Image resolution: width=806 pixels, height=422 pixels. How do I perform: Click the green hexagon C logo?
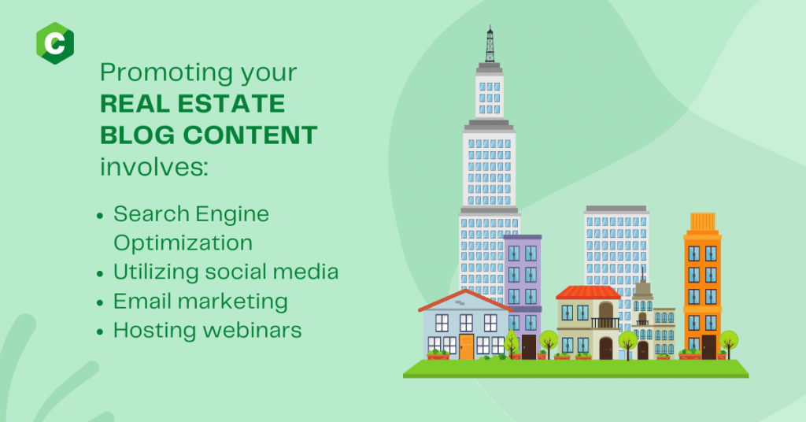(55, 43)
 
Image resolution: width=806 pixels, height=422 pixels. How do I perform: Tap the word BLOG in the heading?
(137, 135)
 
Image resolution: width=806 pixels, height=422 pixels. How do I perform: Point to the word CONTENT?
(250, 135)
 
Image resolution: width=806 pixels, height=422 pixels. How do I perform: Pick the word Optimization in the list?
(183, 243)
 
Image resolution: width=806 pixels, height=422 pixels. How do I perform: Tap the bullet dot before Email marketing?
(100, 303)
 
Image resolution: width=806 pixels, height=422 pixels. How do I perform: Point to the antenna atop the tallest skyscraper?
(490, 44)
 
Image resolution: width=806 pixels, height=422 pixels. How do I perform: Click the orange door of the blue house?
(466, 347)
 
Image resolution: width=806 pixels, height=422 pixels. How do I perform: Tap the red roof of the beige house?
(588, 292)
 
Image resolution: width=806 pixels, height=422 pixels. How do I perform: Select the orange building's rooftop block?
(702, 221)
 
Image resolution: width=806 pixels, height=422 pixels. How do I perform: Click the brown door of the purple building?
(529, 347)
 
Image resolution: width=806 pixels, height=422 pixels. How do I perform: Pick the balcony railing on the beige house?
(605, 323)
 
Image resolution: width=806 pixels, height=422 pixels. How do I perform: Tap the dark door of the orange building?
(709, 347)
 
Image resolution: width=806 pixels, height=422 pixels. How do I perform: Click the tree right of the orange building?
(729, 344)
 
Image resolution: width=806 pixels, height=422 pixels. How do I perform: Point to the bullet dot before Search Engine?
(100, 216)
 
